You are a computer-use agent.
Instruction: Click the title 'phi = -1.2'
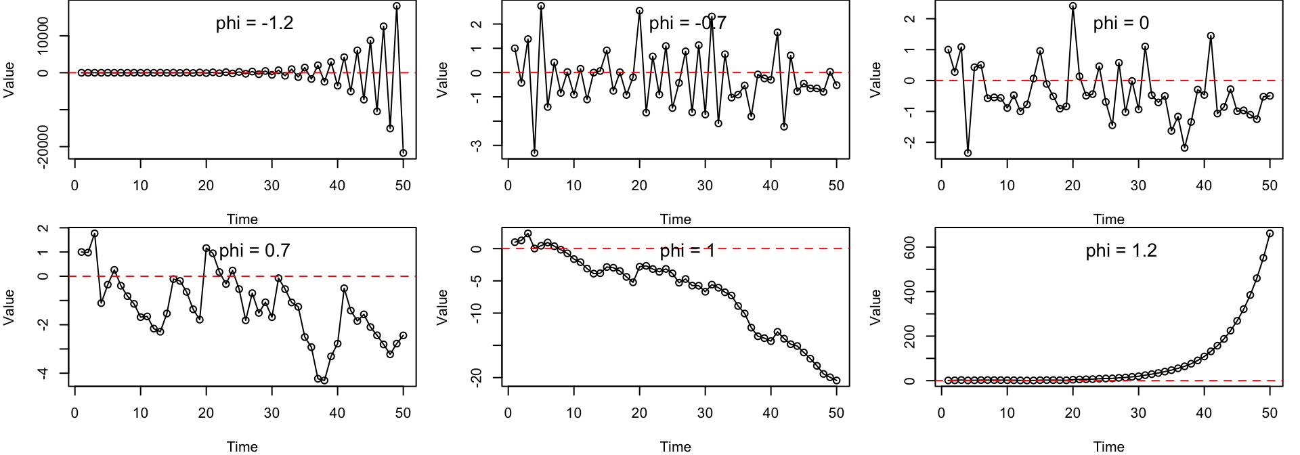pos(255,23)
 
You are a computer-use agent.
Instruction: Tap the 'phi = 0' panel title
pos(1121,23)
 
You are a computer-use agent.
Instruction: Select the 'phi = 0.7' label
pos(255,251)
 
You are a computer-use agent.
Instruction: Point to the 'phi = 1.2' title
pos(1121,251)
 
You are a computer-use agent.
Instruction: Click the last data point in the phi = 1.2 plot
pos(1270,234)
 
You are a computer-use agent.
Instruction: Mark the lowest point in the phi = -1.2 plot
pos(403,153)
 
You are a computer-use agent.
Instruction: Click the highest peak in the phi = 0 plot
pos(1072,6)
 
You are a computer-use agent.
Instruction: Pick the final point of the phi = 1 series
pos(836,381)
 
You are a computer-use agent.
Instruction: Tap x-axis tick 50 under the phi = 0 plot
pos(1270,186)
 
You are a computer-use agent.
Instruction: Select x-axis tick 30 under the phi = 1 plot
pos(705,413)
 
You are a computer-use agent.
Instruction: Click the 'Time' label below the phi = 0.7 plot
pos(242,446)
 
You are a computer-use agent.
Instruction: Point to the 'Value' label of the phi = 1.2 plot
pos(875,307)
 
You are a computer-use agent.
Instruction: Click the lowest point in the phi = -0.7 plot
pos(534,153)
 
